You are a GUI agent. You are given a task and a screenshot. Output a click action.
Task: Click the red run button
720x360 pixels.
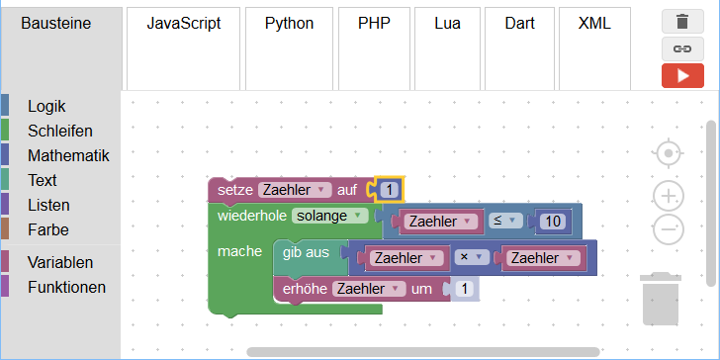point(682,76)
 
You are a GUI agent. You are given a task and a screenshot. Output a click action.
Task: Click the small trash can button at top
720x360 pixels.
point(682,22)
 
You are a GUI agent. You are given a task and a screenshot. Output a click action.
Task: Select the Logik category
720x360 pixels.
point(46,106)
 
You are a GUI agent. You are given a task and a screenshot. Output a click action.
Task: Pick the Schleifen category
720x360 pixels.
point(60,131)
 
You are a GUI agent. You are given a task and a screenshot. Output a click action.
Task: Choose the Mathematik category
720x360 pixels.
point(68,155)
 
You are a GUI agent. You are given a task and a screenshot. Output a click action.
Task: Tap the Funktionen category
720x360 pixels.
point(66,287)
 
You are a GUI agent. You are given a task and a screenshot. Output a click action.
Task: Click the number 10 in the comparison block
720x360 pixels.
point(553,222)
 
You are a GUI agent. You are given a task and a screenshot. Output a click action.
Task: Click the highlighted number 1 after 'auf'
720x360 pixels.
point(390,190)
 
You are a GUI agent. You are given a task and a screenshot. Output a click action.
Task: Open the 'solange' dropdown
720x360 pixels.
point(329,216)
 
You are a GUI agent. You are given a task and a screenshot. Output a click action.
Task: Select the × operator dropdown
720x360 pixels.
point(472,257)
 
